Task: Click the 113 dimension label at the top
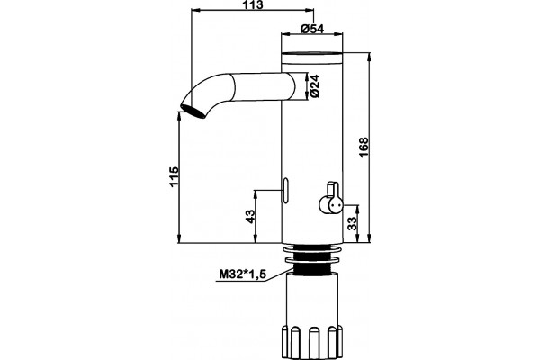coord(252,4)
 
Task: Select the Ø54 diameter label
coord(312,29)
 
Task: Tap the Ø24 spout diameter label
coord(315,86)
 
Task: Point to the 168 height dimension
coord(364,148)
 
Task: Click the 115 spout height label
coord(175,176)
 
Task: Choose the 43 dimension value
coord(251,216)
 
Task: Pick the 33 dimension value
coord(352,223)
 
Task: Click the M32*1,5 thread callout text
coord(242,274)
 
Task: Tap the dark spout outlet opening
coord(193,112)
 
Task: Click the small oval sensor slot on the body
coord(286,190)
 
